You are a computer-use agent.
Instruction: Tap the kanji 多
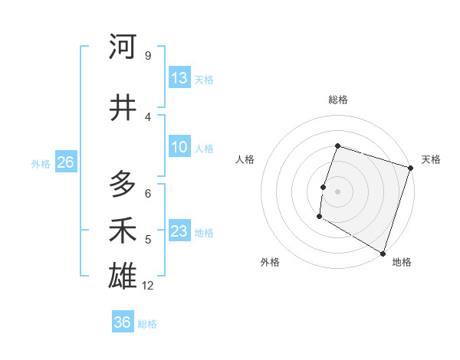coord(123,184)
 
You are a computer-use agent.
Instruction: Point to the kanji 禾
coord(123,231)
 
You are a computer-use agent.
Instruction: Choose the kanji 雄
coord(123,276)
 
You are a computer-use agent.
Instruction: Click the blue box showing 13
coord(179,78)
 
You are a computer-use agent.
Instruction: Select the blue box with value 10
coord(179,147)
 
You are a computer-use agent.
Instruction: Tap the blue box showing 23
coord(179,231)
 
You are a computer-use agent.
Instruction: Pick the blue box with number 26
coord(65,162)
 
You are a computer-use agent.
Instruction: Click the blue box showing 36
coord(123,322)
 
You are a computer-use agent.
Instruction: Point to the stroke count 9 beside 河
coord(147,56)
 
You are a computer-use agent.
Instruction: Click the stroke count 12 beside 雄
coord(148,286)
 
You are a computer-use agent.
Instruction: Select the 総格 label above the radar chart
coord(337,100)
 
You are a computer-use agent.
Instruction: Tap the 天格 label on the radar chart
coord(431,159)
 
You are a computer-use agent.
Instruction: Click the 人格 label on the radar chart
coord(245,159)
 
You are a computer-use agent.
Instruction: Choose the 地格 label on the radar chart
coord(402,263)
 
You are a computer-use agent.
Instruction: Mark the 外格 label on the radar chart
coord(270,263)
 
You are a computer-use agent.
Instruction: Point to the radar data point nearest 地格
coord(383,253)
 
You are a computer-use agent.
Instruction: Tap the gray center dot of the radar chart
coord(337,191)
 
